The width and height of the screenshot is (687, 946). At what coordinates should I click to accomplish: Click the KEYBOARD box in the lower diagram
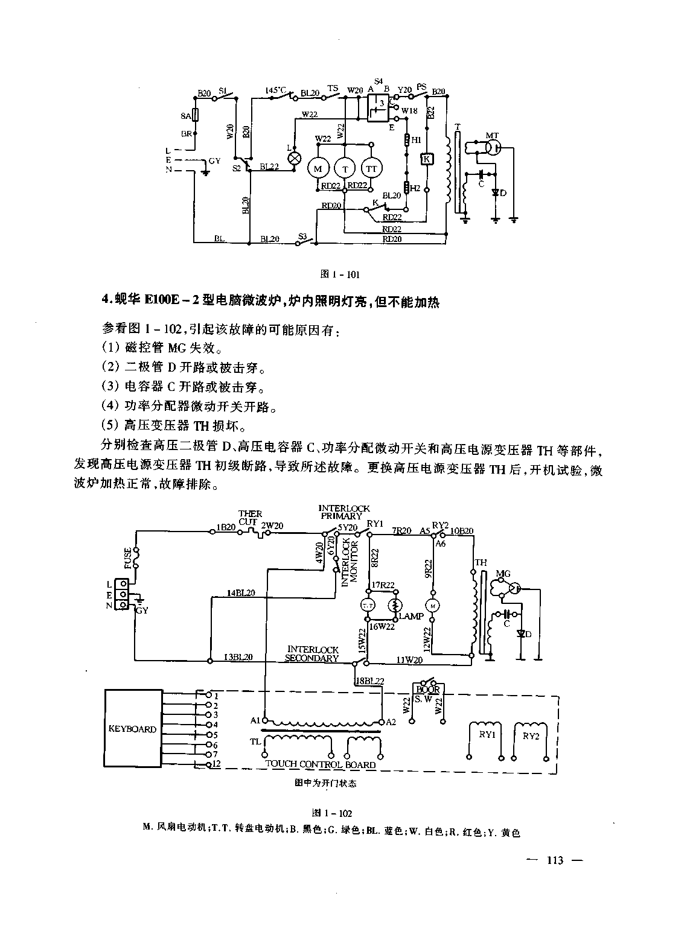pyautogui.click(x=132, y=728)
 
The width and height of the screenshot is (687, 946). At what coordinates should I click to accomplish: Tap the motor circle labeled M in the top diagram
pyautogui.click(x=318, y=168)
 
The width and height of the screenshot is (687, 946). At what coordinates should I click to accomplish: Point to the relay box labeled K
pyautogui.click(x=426, y=159)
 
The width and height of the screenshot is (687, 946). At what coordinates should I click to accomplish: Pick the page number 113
pyautogui.click(x=554, y=860)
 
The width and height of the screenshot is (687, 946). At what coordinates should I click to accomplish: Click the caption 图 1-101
pyautogui.click(x=341, y=275)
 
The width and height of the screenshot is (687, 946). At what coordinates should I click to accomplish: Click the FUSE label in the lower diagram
pyautogui.click(x=128, y=557)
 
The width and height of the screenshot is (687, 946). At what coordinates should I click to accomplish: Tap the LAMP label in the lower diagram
pyautogui.click(x=411, y=617)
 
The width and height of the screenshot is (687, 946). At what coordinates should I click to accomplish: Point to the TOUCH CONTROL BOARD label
pyautogui.click(x=320, y=764)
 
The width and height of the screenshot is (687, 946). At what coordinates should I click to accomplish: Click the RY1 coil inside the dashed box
pyautogui.click(x=486, y=735)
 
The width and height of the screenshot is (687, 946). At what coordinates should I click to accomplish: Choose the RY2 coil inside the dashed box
pyautogui.click(x=530, y=735)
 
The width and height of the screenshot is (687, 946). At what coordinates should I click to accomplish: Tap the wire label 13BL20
pyautogui.click(x=238, y=657)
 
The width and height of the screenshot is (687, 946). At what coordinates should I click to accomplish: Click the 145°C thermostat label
pyautogui.click(x=276, y=90)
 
